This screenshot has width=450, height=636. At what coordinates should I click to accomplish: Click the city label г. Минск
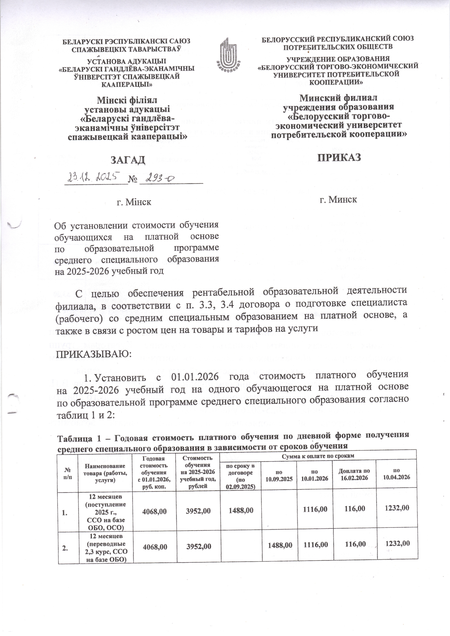[338, 200]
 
